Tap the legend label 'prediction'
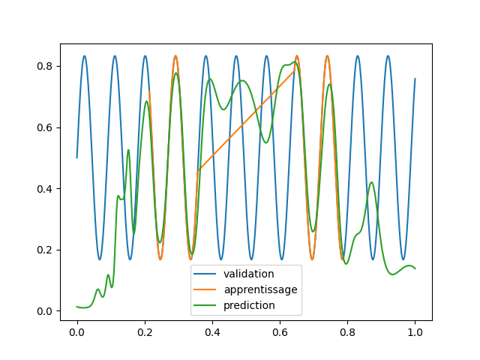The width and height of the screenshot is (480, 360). click(x=254, y=305)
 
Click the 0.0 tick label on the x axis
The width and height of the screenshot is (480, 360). click(x=76, y=331)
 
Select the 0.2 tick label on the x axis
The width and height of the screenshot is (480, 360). click(x=145, y=331)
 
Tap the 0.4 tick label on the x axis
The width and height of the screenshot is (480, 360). click(x=212, y=331)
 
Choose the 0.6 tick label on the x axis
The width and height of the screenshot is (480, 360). click(x=280, y=331)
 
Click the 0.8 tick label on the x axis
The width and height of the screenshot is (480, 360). click(x=347, y=331)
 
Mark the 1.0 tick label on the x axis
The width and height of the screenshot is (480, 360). click(x=415, y=331)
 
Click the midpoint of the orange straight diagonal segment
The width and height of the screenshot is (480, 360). click(x=246, y=121)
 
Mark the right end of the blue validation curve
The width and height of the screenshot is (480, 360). click(x=415, y=79)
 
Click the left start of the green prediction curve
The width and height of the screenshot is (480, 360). click(x=77, y=306)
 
